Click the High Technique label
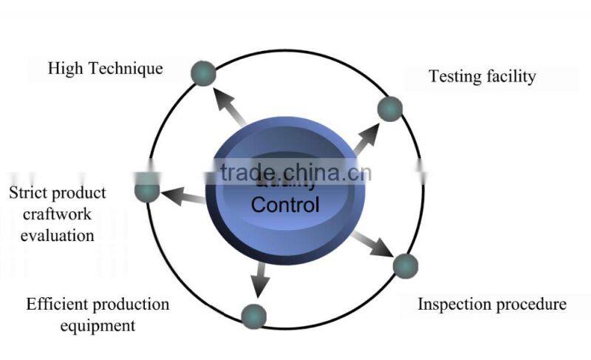point(105,69)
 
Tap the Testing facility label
point(482,76)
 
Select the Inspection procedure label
point(492,304)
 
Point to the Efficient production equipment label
point(98,314)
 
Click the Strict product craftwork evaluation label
point(58,214)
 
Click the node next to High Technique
point(203,72)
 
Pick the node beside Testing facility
point(389,109)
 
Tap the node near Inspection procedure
point(405,265)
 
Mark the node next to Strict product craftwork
point(147,191)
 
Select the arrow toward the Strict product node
point(182,196)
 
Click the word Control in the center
point(285,204)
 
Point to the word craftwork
point(58,214)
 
